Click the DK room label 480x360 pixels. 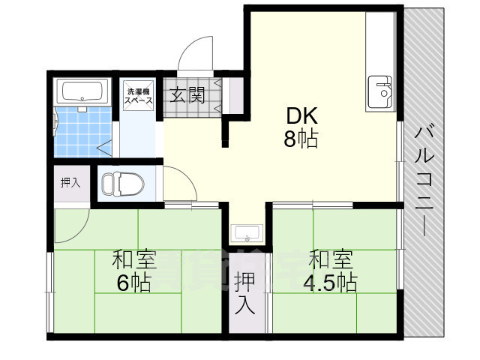click(301, 115)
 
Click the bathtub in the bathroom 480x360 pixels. click(85, 91)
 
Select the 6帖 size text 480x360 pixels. click(133, 283)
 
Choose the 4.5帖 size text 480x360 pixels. click(330, 283)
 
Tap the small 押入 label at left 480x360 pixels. click(70, 182)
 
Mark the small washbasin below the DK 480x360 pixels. click(245, 232)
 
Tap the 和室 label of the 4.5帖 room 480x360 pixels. click(331, 260)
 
